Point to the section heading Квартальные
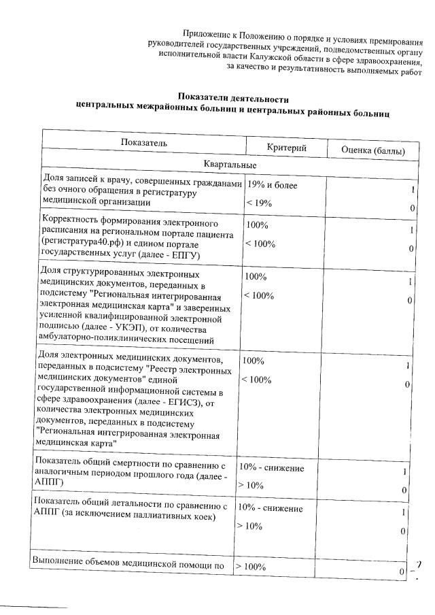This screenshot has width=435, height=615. click(x=229, y=165)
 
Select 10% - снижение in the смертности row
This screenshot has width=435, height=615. click(x=270, y=468)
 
